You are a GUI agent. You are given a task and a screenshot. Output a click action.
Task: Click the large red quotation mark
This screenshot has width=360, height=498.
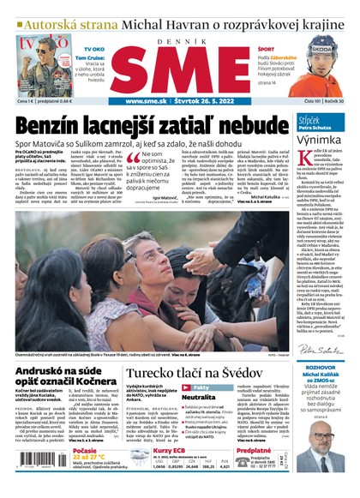click(134, 159)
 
